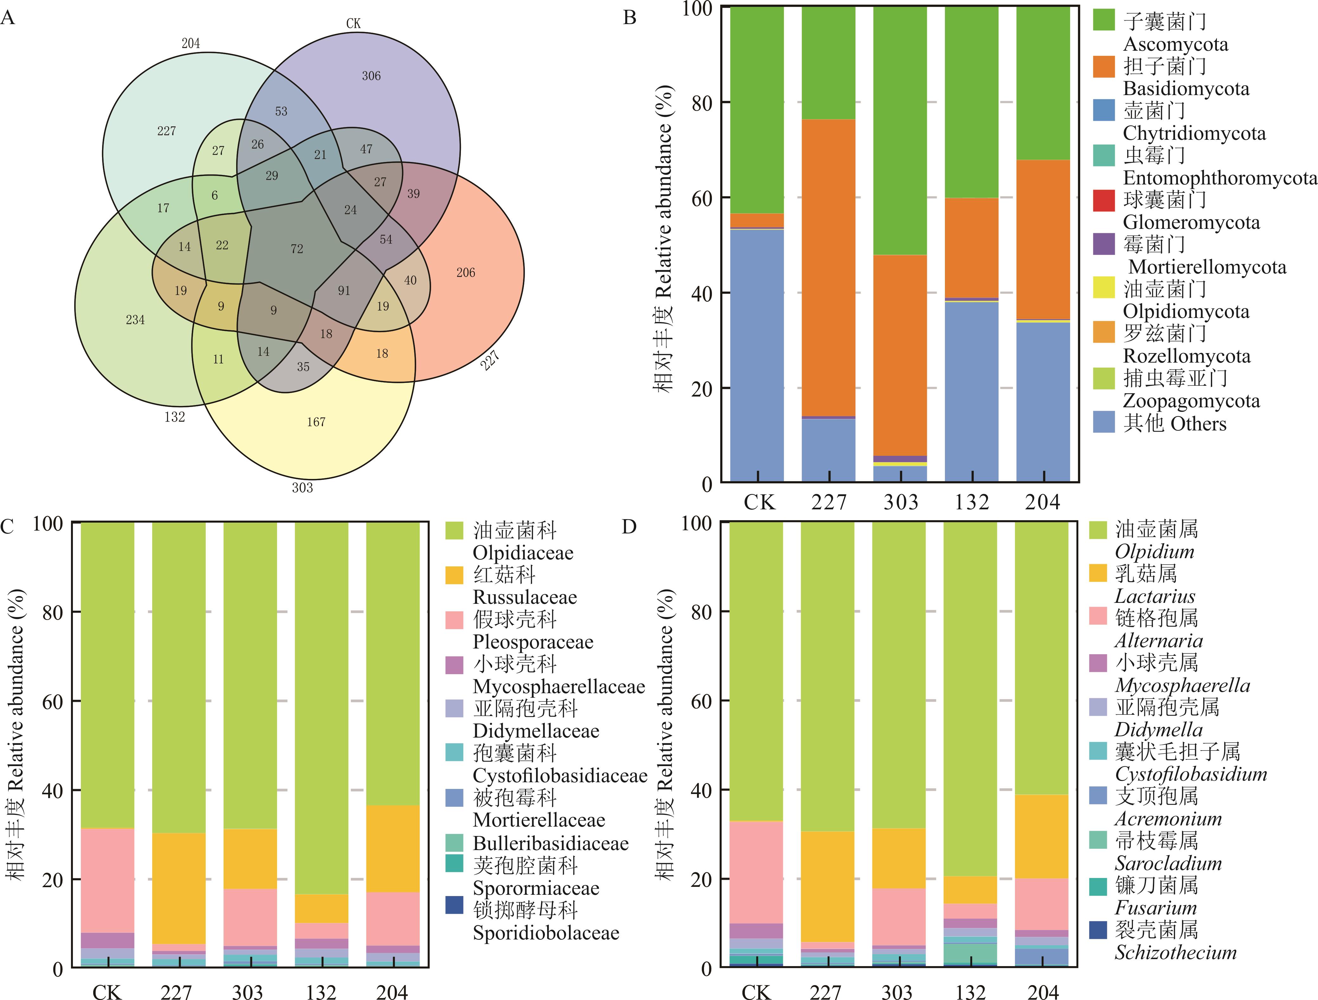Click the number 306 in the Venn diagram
point(371,76)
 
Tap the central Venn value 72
point(297,249)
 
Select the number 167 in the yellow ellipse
point(316,422)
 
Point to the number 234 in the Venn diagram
point(135,320)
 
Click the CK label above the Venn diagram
point(353,23)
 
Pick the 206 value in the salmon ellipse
point(466,273)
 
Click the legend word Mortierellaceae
point(539,820)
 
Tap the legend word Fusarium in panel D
point(1155,908)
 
